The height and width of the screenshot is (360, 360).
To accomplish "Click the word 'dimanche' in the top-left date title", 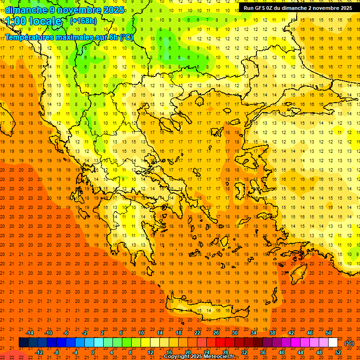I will (x=26, y=10).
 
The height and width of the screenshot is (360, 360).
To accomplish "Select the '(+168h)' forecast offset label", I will (x=83, y=21).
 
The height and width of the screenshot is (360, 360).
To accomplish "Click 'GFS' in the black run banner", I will (x=262, y=8).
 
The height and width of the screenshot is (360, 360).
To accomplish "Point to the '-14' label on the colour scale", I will (x=30, y=333).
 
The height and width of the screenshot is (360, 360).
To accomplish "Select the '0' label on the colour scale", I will (x=93, y=352).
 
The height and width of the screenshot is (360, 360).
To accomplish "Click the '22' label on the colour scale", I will (x=197, y=333).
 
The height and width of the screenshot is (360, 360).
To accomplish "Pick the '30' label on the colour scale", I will (x=235, y=333).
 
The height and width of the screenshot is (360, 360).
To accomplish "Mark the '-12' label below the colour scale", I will (x=39, y=352).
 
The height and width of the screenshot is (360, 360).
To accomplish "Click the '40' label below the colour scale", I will (x=282, y=352).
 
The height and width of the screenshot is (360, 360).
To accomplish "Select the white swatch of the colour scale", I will (x=333, y=343).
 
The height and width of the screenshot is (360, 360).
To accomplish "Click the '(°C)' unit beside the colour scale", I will (x=349, y=343).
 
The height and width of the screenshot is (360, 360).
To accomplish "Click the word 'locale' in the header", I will (x=45, y=21).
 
